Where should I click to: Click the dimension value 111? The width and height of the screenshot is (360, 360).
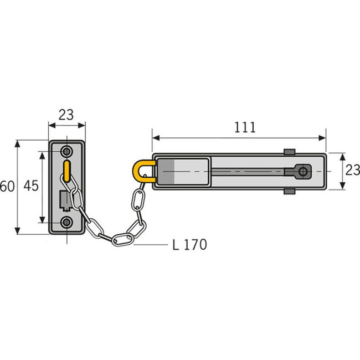point(245,127)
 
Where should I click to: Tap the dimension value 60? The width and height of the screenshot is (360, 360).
point(7,186)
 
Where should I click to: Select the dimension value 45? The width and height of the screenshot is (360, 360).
point(31,186)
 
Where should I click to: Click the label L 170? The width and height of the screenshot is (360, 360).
point(189,245)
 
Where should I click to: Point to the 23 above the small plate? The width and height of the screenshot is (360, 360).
point(66,115)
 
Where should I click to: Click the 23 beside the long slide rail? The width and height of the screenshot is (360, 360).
point(353,170)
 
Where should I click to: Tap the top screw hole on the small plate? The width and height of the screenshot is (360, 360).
point(67,152)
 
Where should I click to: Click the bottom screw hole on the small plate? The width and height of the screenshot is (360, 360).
point(67,222)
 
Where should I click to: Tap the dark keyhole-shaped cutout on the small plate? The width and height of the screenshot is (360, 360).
point(65,200)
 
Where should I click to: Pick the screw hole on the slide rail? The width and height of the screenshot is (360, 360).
point(303,171)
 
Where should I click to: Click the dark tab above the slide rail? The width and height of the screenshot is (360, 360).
point(289,152)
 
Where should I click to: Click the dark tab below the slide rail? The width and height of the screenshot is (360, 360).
point(289,191)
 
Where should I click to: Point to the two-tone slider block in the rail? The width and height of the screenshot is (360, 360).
point(183,172)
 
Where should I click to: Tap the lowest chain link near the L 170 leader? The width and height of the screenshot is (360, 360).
point(123,239)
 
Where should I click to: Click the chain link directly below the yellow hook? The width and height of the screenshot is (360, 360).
point(138,200)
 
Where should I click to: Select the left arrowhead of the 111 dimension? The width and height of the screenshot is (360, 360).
point(156,138)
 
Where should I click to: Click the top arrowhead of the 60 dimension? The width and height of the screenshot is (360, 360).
point(18,144)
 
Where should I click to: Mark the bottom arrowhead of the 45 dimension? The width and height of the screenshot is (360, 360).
point(42,219)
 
